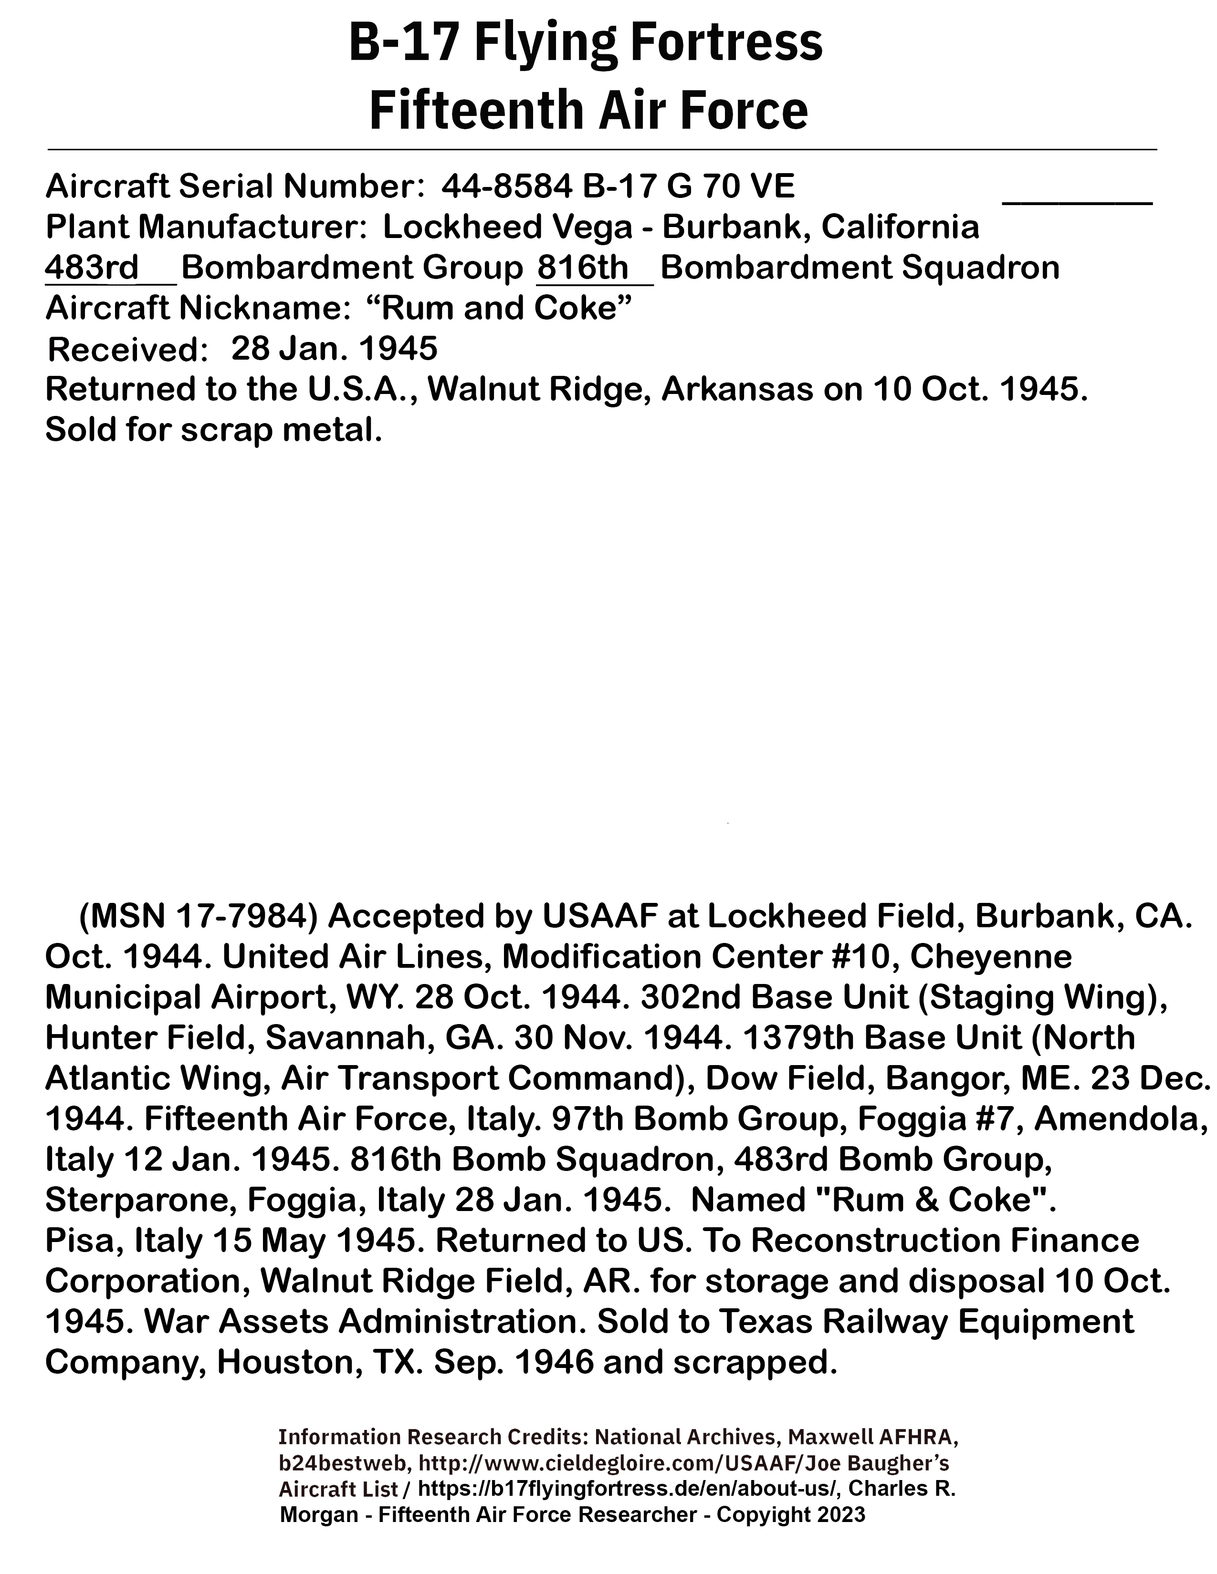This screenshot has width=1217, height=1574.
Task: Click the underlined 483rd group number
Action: coord(92,268)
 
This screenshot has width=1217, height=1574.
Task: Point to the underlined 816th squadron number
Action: coord(583,268)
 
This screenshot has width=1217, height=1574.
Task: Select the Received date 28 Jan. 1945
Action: coord(334,349)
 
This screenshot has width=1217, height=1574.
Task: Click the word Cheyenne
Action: coord(991,957)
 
